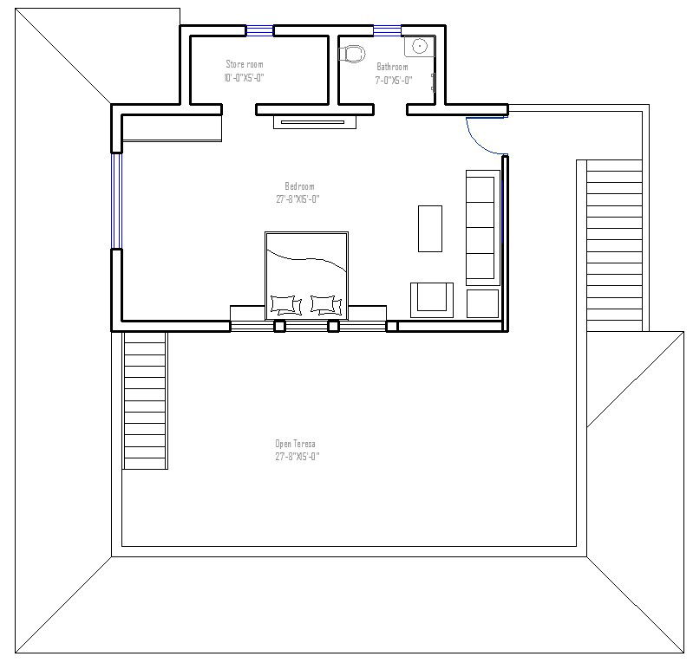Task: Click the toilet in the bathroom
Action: click(x=351, y=53)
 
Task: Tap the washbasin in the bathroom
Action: click(x=419, y=47)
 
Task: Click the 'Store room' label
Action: click(x=244, y=64)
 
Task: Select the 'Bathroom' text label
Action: click(x=392, y=67)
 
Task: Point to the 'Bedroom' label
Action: click(x=299, y=186)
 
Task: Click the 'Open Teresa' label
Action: click(x=296, y=444)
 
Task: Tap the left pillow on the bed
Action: click(x=285, y=304)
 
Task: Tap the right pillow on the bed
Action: click(x=325, y=304)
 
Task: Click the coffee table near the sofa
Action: click(x=430, y=228)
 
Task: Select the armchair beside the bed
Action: click(x=431, y=297)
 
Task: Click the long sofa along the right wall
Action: click(x=483, y=227)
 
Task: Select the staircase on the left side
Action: click(x=145, y=401)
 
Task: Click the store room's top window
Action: click(x=259, y=30)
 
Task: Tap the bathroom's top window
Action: click(x=387, y=30)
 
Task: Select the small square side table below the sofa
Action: click(x=483, y=303)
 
